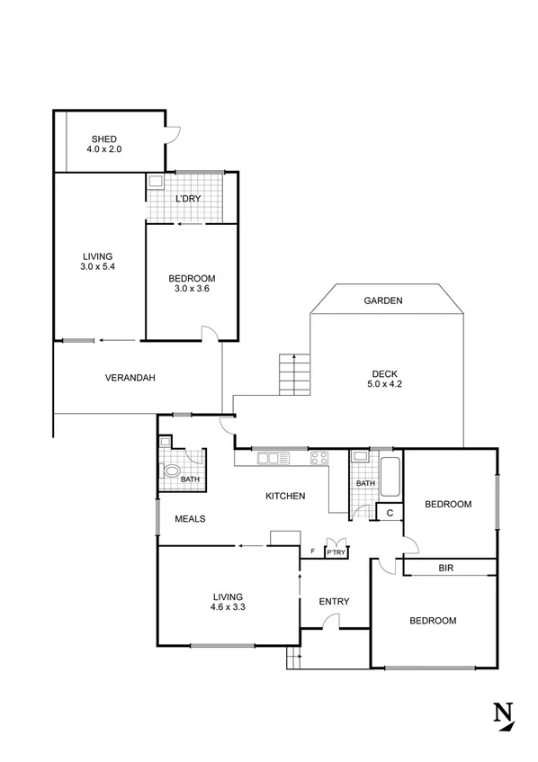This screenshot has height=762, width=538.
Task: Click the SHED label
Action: pyautogui.click(x=103, y=139)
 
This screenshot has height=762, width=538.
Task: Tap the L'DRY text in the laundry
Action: pyautogui.click(x=187, y=198)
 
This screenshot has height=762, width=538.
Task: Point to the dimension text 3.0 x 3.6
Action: pyautogui.click(x=190, y=289)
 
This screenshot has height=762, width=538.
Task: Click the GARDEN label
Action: pyautogui.click(x=383, y=300)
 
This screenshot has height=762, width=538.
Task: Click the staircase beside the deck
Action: pyautogui.click(x=294, y=374)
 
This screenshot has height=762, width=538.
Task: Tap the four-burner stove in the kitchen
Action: pyautogui.click(x=319, y=459)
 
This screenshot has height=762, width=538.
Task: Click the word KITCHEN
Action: pyautogui.click(x=285, y=496)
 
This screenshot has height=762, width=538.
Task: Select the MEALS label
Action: pyautogui.click(x=192, y=518)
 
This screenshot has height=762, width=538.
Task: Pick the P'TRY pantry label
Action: pyautogui.click(x=336, y=551)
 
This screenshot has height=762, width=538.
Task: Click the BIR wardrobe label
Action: pyautogui.click(x=445, y=568)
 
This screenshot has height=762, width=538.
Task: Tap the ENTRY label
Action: pyautogui.click(x=334, y=601)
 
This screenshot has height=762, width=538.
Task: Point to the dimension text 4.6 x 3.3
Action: pyautogui.click(x=229, y=607)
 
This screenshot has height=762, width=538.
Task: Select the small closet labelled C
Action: pyautogui.click(x=389, y=514)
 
